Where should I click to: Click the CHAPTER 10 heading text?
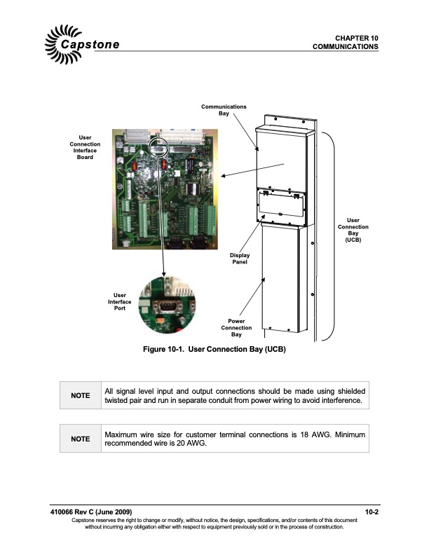click(x=356, y=39)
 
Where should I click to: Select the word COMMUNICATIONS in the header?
click(x=345, y=47)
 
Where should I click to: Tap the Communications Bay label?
click(x=224, y=110)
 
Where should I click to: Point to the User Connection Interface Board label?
click(x=85, y=147)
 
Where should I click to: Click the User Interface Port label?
click(x=120, y=301)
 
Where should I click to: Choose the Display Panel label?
click(x=240, y=259)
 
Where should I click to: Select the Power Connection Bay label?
click(x=236, y=328)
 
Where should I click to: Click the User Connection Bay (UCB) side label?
click(x=353, y=230)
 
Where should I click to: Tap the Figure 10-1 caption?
click(x=214, y=350)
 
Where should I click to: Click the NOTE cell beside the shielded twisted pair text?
click(x=81, y=395)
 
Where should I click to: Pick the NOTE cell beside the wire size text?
click(x=81, y=439)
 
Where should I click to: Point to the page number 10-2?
click(x=372, y=512)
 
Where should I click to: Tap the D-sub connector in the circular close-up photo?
click(x=167, y=306)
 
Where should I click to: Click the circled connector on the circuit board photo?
click(x=158, y=148)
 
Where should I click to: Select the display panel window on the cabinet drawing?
click(x=281, y=205)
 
